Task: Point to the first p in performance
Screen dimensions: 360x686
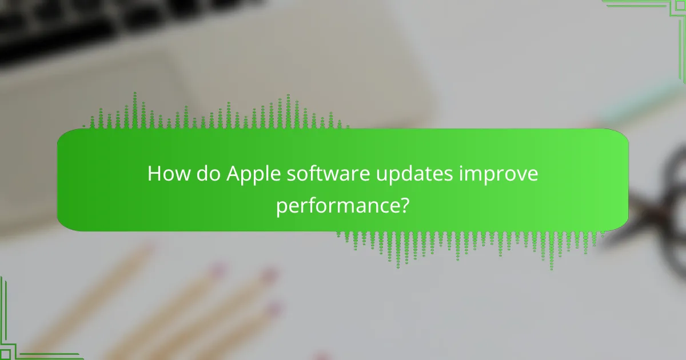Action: tap(281, 207)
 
